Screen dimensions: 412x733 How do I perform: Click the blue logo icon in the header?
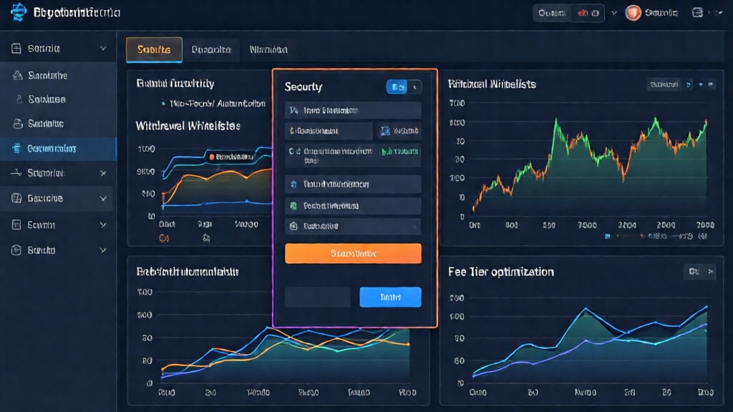coord(19,13)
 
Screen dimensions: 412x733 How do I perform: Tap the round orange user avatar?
coord(633,13)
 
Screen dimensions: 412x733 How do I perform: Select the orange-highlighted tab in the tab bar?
coord(154,50)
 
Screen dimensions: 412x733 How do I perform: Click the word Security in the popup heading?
coord(304,87)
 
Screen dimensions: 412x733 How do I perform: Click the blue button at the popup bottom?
coord(390,297)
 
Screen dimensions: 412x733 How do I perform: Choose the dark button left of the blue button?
coord(317,297)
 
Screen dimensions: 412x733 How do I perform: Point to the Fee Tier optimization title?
coord(501,272)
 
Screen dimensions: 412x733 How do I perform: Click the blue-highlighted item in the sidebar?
coord(57,149)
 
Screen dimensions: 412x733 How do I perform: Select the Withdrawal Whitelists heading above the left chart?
coord(188,125)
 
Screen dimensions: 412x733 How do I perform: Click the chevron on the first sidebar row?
coord(103,49)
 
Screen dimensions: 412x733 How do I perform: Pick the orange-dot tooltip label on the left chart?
coord(230,156)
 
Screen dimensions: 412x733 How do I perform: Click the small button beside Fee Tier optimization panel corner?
coord(699,271)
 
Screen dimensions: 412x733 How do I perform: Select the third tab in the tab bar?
coord(268,50)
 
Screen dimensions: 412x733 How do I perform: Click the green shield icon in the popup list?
coord(293,206)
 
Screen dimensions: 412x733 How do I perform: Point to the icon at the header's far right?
coord(698,13)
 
